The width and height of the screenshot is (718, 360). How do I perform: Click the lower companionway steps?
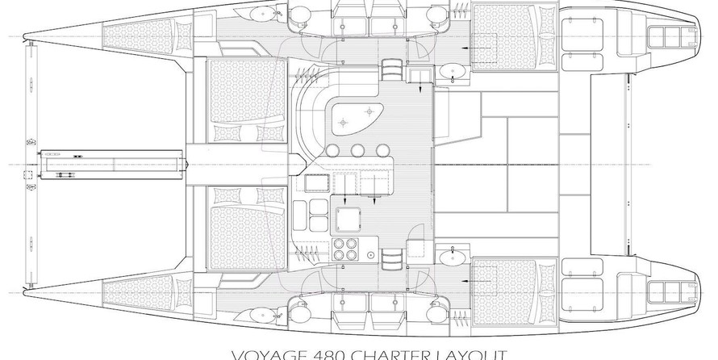392,260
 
